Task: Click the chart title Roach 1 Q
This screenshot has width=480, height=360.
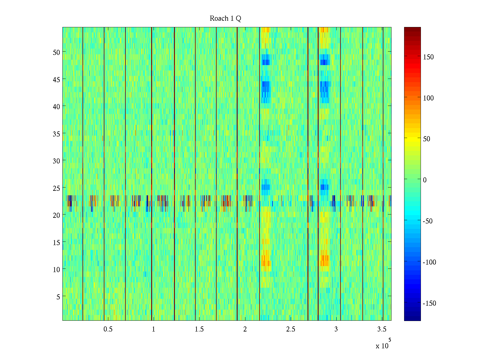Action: [x=225, y=19]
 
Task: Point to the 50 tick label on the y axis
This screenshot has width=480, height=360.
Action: [x=56, y=52]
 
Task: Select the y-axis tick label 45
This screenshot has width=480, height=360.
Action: [x=56, y=79]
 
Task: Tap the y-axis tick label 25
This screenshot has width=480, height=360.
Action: [x=56, y=188]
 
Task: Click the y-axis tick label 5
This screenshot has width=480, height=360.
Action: [x=58, y=297]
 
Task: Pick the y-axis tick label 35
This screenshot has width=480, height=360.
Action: [x=56, y=134]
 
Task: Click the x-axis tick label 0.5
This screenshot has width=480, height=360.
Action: [x=108, y=329]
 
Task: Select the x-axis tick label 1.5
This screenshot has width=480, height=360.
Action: [x=199, y=329]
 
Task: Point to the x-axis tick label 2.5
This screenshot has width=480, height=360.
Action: [x=290, y=329]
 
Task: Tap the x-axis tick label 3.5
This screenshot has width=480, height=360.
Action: [x=382, y=329]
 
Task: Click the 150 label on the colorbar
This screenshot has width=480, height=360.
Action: [x=428, y=57]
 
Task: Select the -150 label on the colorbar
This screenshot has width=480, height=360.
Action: [x=429, y=303]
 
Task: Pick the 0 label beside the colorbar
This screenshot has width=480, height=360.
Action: [x=424, y=180]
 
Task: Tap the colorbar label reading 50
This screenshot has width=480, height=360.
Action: [x=426, y=139]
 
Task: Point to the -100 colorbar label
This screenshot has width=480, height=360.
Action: [x=429, y=262]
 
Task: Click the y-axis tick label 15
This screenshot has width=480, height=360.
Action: [x=56, y=242]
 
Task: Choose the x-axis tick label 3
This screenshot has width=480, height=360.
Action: [x=336, y=329]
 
